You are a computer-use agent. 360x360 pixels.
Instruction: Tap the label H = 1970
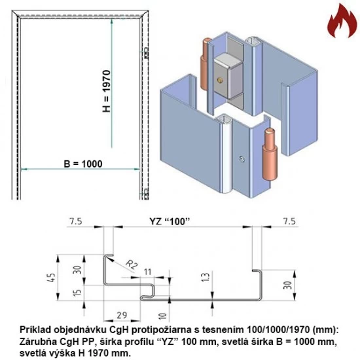(x=107, y=92)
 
